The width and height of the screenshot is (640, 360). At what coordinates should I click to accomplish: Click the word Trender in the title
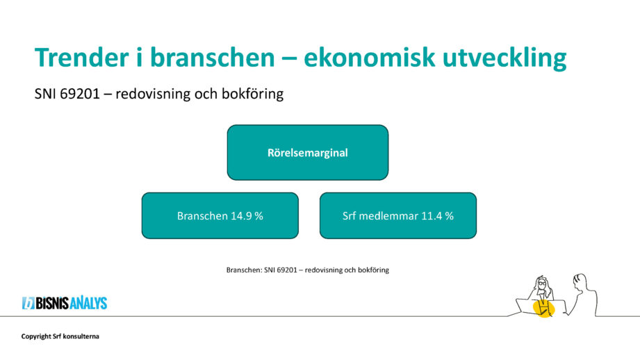pos(81,57)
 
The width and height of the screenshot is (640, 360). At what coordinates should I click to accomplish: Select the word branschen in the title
pos(212,57)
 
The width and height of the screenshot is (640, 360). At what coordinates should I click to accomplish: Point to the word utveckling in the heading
pos(504,58)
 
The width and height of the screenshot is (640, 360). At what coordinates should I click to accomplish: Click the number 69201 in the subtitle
pos(80,94)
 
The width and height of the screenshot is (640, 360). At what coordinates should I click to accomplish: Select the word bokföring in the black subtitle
pos(253,94)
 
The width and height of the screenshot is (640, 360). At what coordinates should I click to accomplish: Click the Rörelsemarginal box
pos(308,152)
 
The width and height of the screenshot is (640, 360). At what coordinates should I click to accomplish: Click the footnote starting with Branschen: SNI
pos(308,270)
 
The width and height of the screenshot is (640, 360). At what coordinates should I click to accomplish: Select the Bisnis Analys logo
pos(65,303)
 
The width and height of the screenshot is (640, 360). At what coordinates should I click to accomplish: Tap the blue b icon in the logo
pos(28,303)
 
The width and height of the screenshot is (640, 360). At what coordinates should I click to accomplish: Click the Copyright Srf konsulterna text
pos(60,336)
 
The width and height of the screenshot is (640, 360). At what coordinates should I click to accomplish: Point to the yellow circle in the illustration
pos(543,308)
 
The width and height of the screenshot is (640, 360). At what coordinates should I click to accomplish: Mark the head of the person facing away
pos(580,281)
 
